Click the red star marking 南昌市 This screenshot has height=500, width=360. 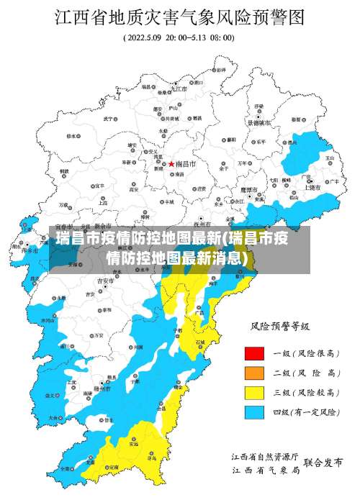(161, 164)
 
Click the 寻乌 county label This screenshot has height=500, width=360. (152, 457)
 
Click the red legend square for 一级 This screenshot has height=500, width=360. (254, 353)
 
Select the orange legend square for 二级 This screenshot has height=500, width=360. (254, 373)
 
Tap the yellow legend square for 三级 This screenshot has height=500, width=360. (254, 392)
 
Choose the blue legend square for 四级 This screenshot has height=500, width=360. (254, 412)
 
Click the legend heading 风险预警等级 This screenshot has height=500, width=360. (279, 327)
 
